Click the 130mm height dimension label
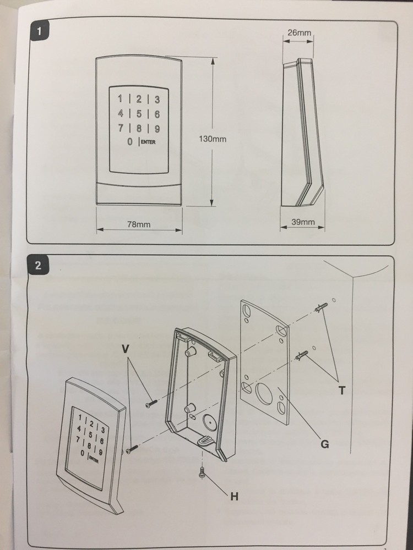tap(212, 139)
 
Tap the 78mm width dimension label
tap(139, 224)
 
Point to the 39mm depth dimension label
tap(302, 222)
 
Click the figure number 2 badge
tap(38, 266)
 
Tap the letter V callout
tap(126, 348)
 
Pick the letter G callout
tap(325, 443)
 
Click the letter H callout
tap(233, 497)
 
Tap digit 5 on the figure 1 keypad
tap(139, 114)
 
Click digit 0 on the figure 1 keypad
tap(129, 142)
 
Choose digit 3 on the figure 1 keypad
tap(156, 100)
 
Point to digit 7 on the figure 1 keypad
tap(121, 129)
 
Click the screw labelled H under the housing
tap(202, 471)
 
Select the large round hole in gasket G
tap(264, 393)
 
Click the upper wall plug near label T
tap(322, 307)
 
